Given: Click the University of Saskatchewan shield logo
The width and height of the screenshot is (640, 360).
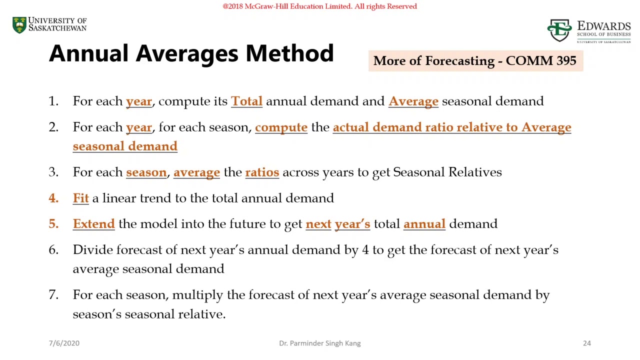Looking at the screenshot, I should [19, 25].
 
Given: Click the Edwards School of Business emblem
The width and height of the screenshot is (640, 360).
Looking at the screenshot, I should [559, 30].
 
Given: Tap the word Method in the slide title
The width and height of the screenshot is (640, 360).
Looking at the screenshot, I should [289, 53].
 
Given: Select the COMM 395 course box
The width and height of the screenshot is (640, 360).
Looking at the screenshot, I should [475, 61].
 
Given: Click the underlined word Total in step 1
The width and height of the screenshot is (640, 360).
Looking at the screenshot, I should [246, 101].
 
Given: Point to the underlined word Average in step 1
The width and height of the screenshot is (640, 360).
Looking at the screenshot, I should [413, 101].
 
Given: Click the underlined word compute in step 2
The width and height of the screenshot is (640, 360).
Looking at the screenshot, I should [281, 127].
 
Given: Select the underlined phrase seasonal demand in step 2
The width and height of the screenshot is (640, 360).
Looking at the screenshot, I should [125, 146].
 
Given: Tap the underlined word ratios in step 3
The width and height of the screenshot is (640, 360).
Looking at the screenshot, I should [262, 172].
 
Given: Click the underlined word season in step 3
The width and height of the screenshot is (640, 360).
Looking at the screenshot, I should [146, 172].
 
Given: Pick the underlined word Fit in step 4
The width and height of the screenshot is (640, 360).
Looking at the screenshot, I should [80, 198].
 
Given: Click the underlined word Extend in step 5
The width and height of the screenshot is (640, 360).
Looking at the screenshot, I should [93, 224].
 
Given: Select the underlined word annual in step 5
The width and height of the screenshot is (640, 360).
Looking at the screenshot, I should [424, 224].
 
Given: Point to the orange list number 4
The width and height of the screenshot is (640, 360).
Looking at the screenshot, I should [53, 198].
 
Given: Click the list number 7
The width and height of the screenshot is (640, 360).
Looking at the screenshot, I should [53, 295].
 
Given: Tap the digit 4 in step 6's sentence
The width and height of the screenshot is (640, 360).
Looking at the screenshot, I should [365, 250].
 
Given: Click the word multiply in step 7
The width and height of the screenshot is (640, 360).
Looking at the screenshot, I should [197, 295].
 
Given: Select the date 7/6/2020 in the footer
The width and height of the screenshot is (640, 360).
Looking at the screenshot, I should [64, 343].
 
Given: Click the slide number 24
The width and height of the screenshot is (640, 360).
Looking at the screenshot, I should [586, 343].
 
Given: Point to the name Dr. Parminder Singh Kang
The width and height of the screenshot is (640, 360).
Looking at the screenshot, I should [319, 343].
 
